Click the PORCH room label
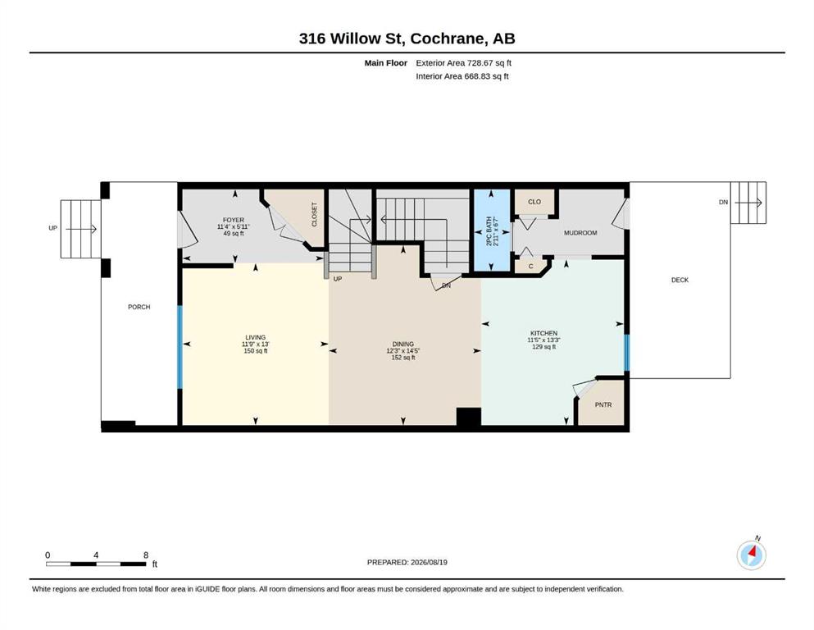click(x=139, y=307)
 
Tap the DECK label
click(x=680, y=280)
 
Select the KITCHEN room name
click(x=543, y=333)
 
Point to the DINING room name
click(x=402, y=344)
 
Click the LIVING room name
click(x=256, y=337)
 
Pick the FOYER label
click(x=234, y=220)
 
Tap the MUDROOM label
click(x=580, y=233)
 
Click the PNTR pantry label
click(x=603, y=404)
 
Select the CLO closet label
click(x=534, y=202)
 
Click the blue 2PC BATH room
click(x=491, y=230)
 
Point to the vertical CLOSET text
click(x=314, y=214)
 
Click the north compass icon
click(x=751, y=555)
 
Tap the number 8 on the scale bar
click(x=146, y=555)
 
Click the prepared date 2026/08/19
click(x=429, y=562)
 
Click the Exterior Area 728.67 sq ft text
click(x=464, y=63)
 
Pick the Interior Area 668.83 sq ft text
click(x=462, y=75)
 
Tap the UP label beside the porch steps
click(x=53, y=228)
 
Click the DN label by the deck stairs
click(x=723, y=202)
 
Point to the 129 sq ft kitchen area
click(x=543, y=346)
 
